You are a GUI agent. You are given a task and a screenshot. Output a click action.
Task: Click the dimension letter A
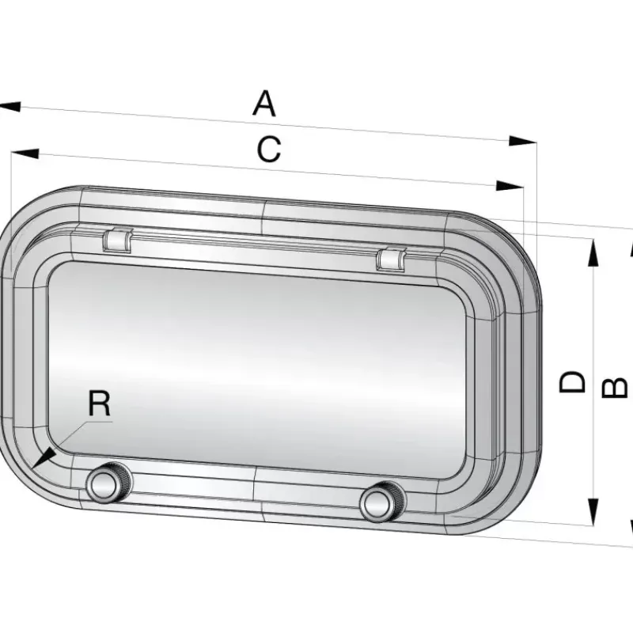pos(264,104)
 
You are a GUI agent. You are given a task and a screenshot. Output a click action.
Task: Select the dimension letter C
pos(269,150)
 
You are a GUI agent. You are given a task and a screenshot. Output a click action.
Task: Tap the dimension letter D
pos(572,382)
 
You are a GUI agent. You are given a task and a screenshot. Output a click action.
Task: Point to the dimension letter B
pos(614,388)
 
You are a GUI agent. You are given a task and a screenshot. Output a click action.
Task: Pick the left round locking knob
pos(108,484)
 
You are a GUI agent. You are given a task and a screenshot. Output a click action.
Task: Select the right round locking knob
pos(382,502)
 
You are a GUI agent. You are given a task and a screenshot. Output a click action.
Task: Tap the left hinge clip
pos(117,241)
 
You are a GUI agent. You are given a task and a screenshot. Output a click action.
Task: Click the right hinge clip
pos(391,260)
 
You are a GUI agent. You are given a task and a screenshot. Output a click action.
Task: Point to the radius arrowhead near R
pos(44,457)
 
